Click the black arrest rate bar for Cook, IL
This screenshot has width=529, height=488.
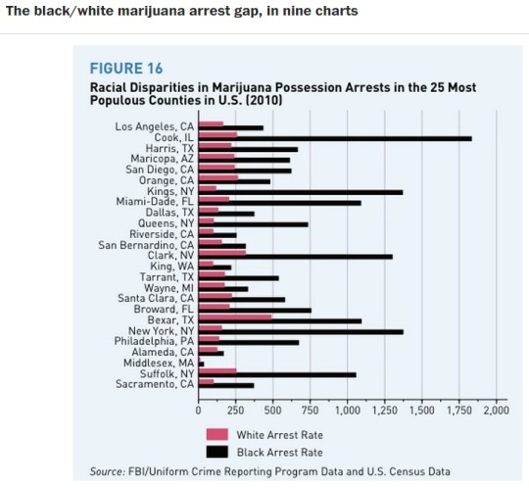click(333, 139)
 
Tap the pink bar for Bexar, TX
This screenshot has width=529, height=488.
click(234, 317)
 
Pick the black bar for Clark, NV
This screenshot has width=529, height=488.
click(295, 257)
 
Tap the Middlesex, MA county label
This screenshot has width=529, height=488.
click(158, 363)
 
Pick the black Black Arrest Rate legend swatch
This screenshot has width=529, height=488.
click(216, 452)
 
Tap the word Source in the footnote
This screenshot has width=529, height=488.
click(107, 471)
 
